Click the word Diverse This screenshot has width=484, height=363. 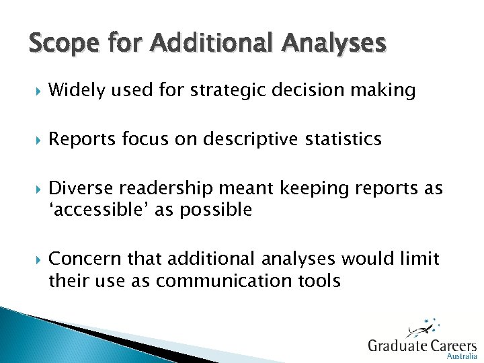pos(80,189)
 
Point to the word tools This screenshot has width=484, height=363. pos(320,280)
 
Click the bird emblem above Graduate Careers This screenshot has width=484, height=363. pos(422,327)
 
